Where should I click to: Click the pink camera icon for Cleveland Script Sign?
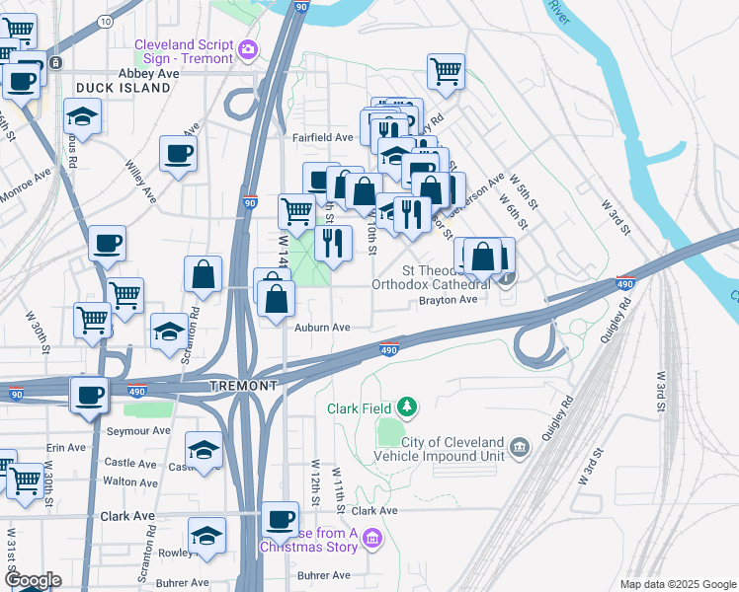pos(247,48)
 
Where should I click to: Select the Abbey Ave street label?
pos(148,73)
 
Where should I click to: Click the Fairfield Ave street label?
pos(322,137)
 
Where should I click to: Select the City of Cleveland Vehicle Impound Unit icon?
pos(521,449)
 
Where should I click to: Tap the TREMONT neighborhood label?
pos(243,386)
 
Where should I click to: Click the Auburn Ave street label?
pos(321,327)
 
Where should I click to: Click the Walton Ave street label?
pos(130,482)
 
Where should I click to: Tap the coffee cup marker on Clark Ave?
pos(280,518)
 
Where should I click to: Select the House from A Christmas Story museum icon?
pos(371,538)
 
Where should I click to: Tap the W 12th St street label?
pos(315,478)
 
